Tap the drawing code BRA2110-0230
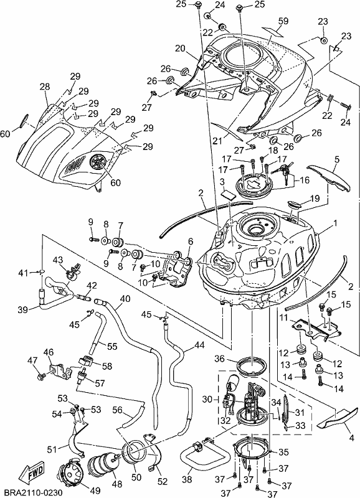pyautogui.click(x=31, y=492)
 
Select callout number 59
pyautogui.click(x=283, y=21)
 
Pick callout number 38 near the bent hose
pyautogui.click(x=187, y=479)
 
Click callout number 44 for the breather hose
pyautogui.click(x=199, y=345)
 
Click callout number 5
pyautogui.click(x=336, y=159)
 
